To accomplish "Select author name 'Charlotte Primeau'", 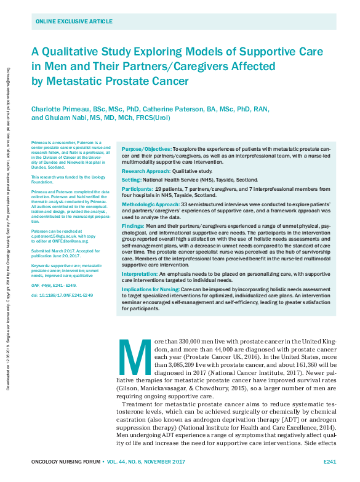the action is [60, 110].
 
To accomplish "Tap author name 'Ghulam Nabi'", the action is [65, 118].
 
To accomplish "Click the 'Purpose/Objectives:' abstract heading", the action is [146, 150].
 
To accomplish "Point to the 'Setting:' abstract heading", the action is [132, 180].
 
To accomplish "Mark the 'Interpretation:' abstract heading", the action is [140, 273].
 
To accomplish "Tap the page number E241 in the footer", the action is [329, 461].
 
